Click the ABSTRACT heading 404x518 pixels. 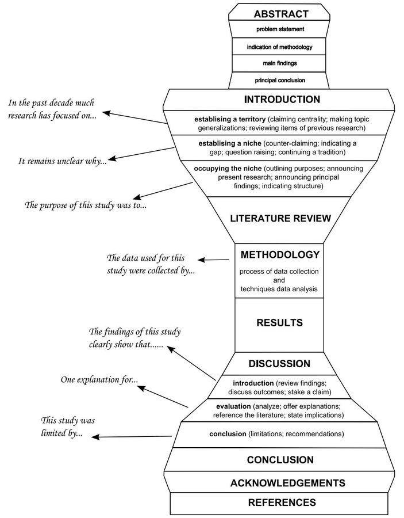point(281,14)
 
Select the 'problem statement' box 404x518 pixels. point(280,29)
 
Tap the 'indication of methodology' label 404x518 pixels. point(280,47)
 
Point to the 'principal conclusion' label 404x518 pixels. point(280,80)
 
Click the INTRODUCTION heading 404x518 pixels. point(281,100)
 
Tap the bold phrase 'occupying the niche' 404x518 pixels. point(221,168)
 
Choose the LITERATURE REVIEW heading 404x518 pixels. point(281,218)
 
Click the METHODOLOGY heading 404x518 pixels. point(280,254)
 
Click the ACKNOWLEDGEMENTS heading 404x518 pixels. point(280,482)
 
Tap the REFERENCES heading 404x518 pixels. point(282,502)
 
